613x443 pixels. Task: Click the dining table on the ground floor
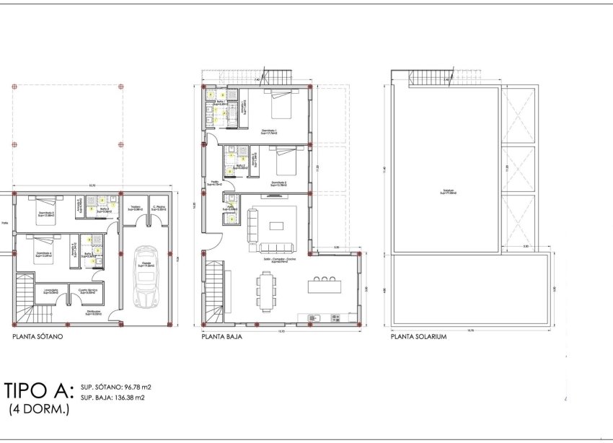(265, 287)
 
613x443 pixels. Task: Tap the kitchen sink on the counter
(312, 318)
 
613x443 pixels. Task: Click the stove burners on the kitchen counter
(335, 318)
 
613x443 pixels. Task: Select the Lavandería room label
(49, 291)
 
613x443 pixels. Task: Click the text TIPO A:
(39, 391)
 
